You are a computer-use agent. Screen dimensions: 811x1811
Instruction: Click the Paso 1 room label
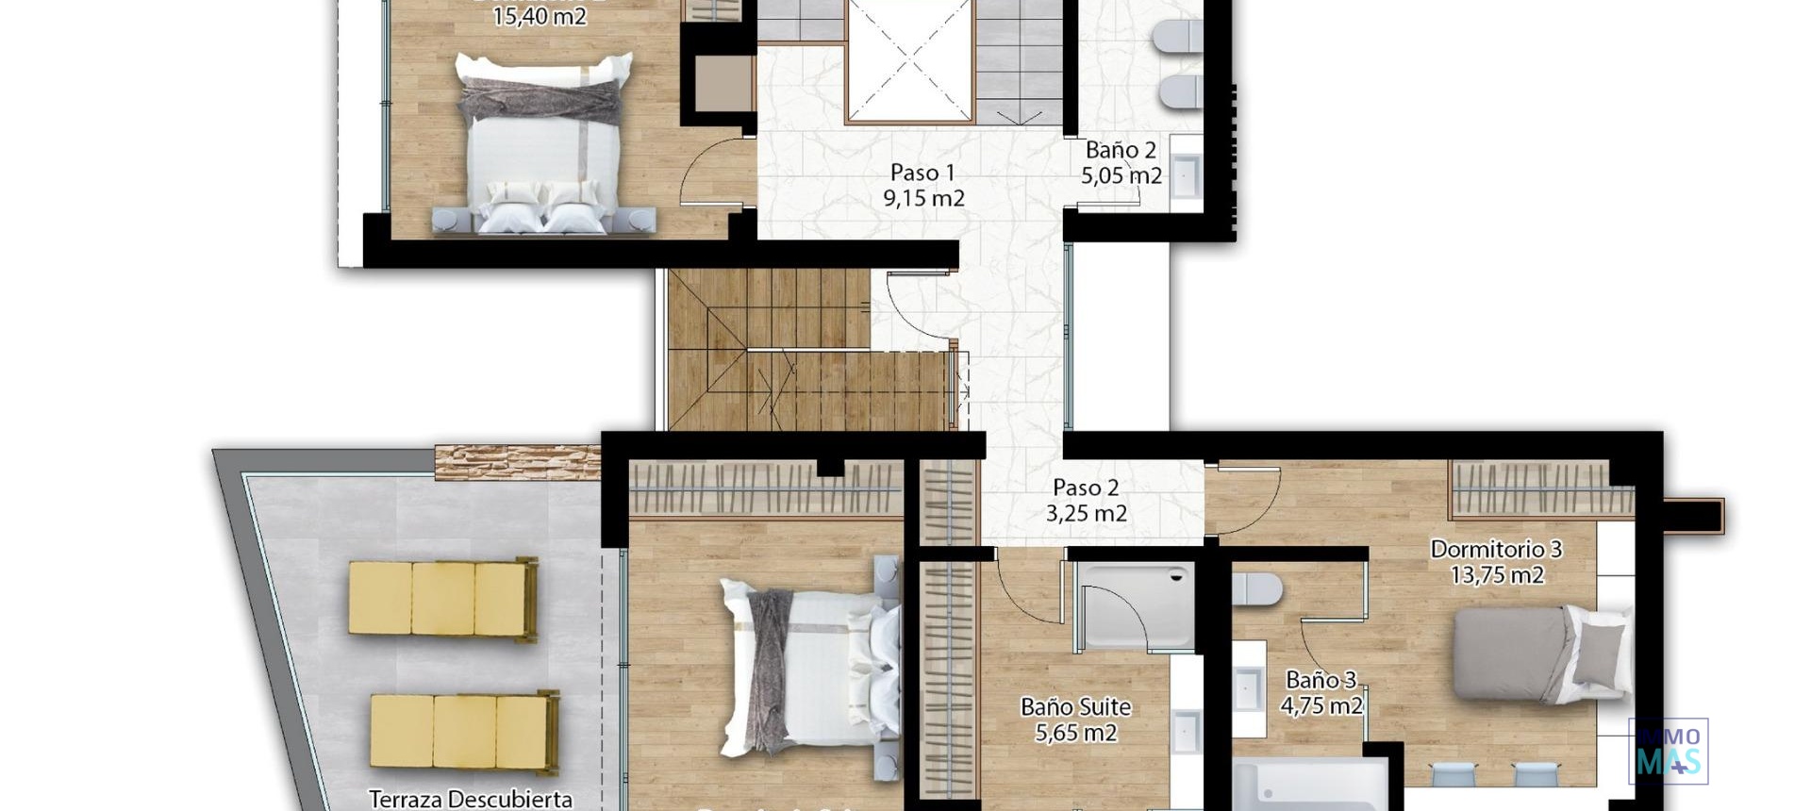[x=922, y=173]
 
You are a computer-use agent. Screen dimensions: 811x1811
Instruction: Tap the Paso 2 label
[x=1085, y=488]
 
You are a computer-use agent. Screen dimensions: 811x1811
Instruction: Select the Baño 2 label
[x=1121, y=150]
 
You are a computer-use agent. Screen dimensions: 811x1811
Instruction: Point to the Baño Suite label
[x=1075, y=706]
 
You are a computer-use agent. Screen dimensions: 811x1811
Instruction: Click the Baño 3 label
[x=1321, y=679]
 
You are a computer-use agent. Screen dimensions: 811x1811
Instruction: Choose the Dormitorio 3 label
[x=1496, y=549]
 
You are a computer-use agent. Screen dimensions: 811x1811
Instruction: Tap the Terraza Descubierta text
[x=470, y=799]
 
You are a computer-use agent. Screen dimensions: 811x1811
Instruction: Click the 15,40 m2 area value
[x=540, y=16]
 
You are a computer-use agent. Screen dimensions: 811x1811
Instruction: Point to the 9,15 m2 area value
[x=923, y=198]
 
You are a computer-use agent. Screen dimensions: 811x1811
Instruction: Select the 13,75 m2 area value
[x=1497, y=574]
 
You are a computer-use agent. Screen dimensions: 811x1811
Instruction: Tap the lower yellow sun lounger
[x=462, y=733]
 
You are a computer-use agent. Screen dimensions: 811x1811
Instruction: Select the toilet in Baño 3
[x=1256, y=589]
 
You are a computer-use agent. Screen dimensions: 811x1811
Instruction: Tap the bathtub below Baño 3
[x=1307, y=785]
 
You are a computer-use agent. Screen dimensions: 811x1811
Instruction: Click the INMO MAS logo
[x=1668, y=752]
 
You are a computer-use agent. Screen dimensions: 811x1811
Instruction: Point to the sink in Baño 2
[x=1185, y=174]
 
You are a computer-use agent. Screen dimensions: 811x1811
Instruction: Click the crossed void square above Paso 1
[x=908, y=60]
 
